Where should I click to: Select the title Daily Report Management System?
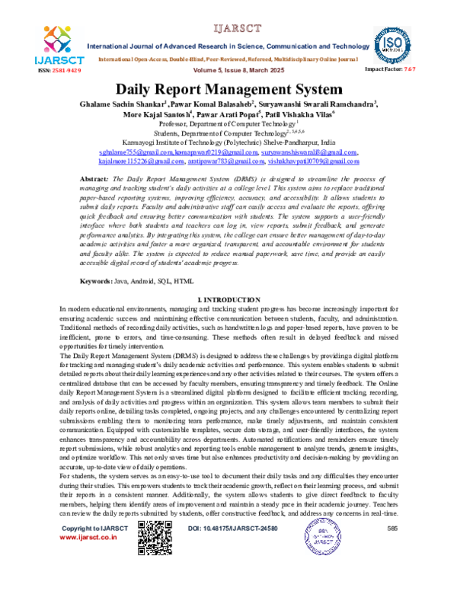point(228,89)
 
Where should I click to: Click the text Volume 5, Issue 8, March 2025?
point(228,69)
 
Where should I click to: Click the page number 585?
point(391,570)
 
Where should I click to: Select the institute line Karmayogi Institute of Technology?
point(228,142)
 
